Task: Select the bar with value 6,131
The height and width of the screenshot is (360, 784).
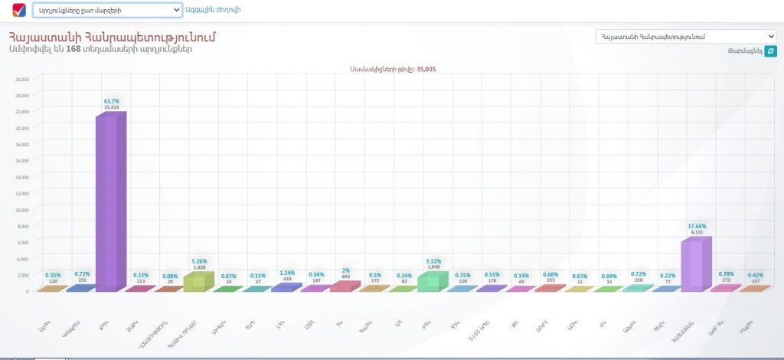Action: pos(695,264)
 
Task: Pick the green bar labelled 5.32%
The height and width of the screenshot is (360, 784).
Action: pos(433,281)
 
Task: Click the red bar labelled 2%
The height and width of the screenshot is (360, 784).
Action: pos(345,286)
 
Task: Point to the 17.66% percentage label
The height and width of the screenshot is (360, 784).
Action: pos(696,226)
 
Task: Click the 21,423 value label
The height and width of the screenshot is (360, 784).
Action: pos(111,107)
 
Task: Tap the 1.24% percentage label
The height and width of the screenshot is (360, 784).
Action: pos(287,273)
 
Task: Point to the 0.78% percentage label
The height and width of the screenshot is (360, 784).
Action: pos(726,273)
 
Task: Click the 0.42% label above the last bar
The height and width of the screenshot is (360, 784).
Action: pos(755,275)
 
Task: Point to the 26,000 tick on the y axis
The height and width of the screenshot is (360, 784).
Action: pos(21,79)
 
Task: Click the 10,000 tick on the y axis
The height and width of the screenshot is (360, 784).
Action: pos(21,209)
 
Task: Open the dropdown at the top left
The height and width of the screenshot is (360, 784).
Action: pos(106,11)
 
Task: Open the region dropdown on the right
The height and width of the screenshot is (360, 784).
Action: pos(686,37)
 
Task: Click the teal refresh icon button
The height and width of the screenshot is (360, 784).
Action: pos(770,51)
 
